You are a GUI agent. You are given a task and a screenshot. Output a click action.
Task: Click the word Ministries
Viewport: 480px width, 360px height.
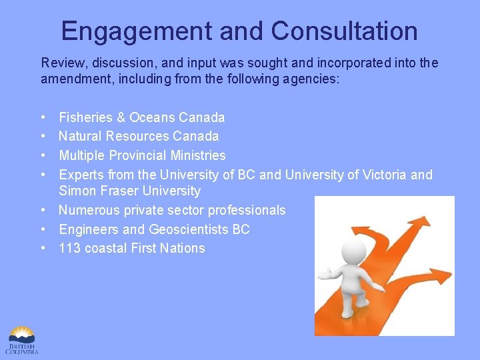198,155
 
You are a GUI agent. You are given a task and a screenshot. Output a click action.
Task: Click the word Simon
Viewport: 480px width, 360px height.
76,191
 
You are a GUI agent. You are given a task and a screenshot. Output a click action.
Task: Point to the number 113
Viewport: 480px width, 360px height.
69,248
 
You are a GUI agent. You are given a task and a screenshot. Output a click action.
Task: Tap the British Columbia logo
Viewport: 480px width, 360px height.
23,339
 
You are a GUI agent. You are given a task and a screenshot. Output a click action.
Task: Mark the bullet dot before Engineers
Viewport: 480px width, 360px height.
43,229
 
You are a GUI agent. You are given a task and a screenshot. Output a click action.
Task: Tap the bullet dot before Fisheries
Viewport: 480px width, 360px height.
43,117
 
